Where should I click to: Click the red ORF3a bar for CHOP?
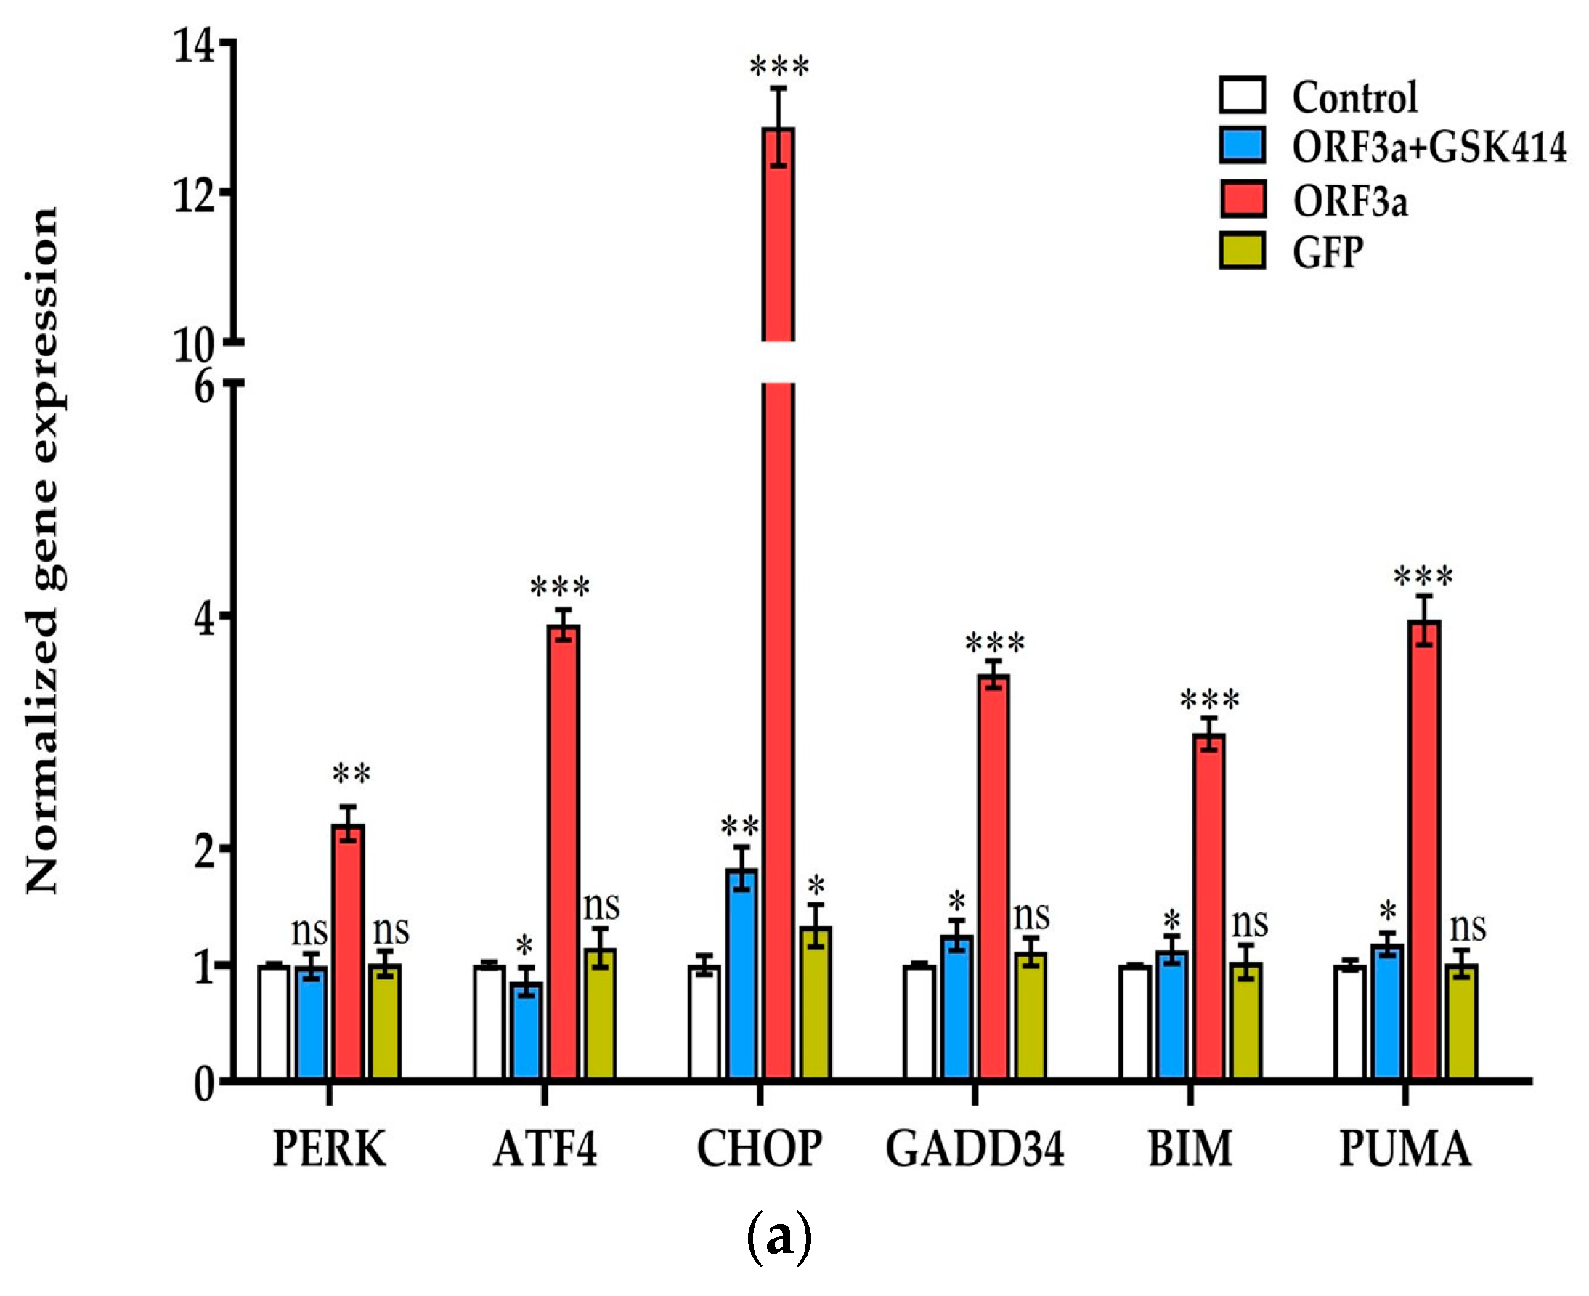click(778, 672)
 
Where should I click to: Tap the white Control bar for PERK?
click(274, 1023)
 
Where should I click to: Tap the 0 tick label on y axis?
click(204, 1085)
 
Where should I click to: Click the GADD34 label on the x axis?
click(974, 1149)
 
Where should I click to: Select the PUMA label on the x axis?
click(1405, 1149)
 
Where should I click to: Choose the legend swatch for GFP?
click(1242, 250)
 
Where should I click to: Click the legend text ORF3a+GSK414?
click(1429, 146)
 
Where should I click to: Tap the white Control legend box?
click(1242, 96)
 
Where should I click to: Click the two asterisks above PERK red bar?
click(351, 774)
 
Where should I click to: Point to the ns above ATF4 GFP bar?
click(601, 907)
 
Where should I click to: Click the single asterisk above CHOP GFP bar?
click(816, 887)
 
